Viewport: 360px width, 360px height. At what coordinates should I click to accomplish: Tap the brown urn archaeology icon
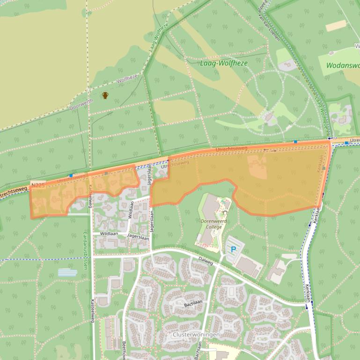pos(105,95)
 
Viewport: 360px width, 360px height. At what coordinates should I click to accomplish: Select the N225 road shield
pos(38,186)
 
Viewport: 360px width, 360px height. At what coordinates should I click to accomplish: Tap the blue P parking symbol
pos(233,250)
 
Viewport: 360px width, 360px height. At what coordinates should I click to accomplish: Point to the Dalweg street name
pos(205,263)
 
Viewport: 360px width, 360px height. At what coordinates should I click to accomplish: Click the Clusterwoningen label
pos(196,335)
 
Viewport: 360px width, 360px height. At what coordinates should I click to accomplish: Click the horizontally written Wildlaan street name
pos(108,233)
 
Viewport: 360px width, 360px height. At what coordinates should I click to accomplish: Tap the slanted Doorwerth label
pos(81,104)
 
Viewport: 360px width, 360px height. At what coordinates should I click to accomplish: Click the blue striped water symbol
pos(67,272)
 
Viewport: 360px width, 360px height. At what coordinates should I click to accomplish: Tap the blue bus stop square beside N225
pos(71,176)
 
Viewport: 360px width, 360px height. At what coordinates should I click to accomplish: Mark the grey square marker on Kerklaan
pos(323,168)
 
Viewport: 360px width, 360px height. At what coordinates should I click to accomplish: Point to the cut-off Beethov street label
pos(124,350)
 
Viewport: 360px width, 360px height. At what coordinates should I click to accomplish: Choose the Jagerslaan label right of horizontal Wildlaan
pos(139,238)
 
